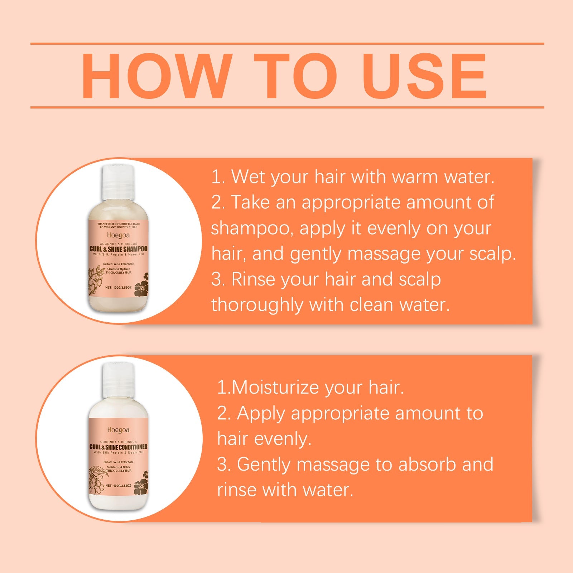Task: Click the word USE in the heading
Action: [x=425, y=76]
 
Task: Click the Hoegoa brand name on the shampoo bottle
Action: [x=118, y=235]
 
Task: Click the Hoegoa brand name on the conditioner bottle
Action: [x=118, y=430]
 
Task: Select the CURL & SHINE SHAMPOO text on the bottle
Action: [x=118, y=249]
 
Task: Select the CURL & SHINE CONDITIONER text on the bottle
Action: [x=118, y=447]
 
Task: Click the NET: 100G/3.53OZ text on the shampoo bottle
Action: [x=119, y=287]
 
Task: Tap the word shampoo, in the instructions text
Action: [x=252, y=228]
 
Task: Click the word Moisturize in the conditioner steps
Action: [x=276, y=387]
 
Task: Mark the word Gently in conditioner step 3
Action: [x=264, y=465]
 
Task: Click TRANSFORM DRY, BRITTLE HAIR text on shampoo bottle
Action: [x=118, y=224]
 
